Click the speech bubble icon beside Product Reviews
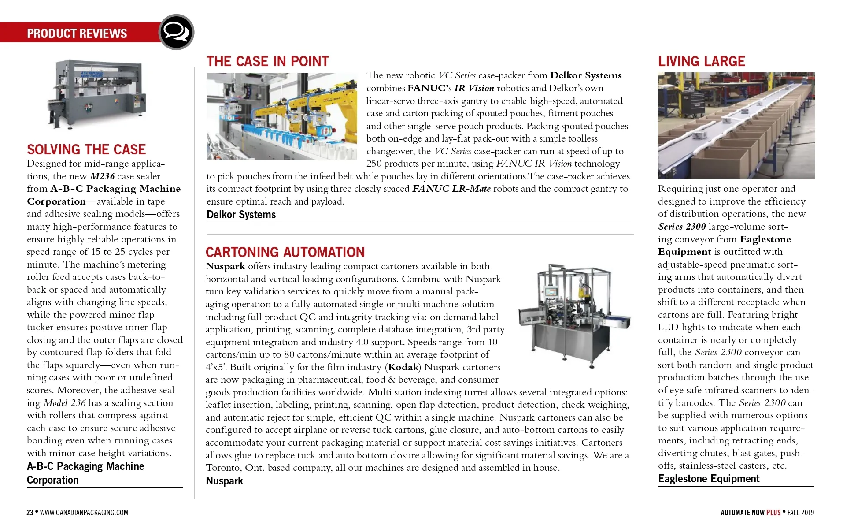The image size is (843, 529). (176, 32)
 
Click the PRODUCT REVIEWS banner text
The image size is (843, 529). (77, 34)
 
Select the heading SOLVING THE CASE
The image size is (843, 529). (86, 149)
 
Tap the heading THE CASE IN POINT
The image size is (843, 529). (268, 61)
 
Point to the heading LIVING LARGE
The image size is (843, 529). (702, 61)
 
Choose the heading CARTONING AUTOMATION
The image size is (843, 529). (285, 252)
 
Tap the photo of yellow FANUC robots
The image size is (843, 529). (282, 116)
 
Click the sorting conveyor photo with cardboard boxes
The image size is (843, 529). (736, 126)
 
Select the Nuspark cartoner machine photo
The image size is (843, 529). (574, 316)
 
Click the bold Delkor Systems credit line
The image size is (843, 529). (241, 215)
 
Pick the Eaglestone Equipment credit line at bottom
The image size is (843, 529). (709, 479)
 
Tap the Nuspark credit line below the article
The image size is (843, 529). (224, 481)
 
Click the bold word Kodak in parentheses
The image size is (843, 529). (403, 367)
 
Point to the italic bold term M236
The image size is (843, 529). (102, 176)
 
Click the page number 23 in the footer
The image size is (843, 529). (30, 513)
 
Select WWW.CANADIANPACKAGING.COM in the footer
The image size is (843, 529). (84, 513)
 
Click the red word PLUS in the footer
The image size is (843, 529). (773, 513)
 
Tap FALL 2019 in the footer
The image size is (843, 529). (801, 513)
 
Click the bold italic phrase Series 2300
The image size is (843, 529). (682, 227)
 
